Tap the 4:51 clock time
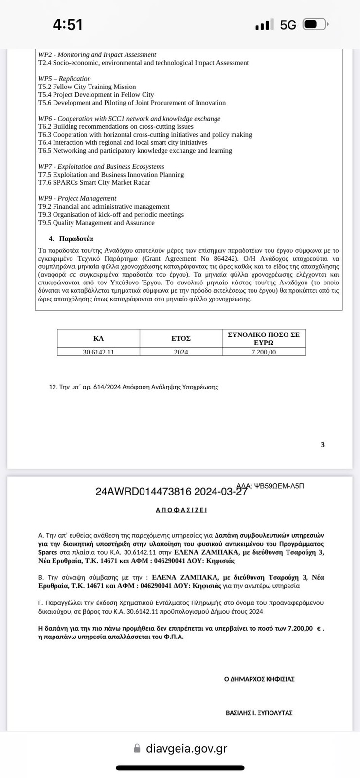coord(68,24)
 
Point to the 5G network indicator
coord(288,25)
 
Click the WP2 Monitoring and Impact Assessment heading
coord(97,55)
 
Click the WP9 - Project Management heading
coord(77,198)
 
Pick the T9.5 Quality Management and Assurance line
coord(96,223)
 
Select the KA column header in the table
coord(98,338)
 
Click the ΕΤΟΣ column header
coord(181,338)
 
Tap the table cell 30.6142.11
coord(98,352)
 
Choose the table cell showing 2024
coord(181,352)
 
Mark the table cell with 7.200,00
coord(264,352)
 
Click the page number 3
coord(323,445)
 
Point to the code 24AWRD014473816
coord(144,492)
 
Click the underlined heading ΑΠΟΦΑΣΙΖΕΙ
coord(181,510)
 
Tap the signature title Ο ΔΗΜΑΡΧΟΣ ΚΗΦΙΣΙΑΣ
coord(259,679)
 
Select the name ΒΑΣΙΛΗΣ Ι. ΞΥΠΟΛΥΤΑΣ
coord(259,713)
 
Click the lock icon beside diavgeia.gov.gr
coord(137,748)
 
